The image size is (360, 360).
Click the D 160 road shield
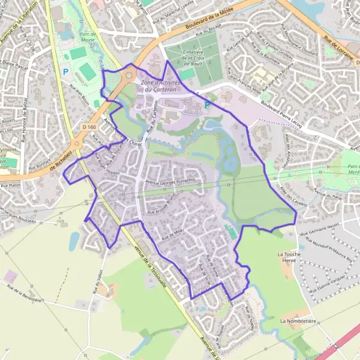pos(88,127)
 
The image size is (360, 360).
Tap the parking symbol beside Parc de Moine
pos(65,71)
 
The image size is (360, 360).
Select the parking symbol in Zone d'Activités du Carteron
pos(208,105)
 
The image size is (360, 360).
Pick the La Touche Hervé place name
pos(289,257)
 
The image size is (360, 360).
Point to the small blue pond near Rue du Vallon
pos(73,241)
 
